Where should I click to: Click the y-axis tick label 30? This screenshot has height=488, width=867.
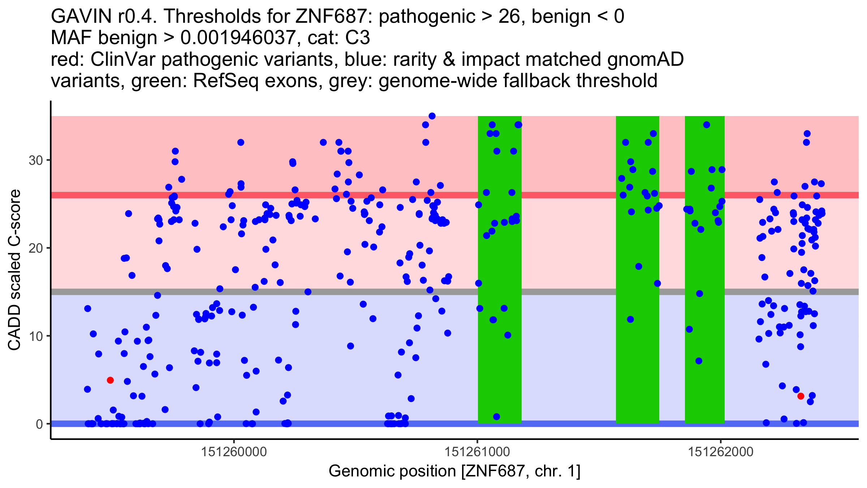[x=36, y=160]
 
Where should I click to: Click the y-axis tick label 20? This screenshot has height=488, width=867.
[x=36, y=248]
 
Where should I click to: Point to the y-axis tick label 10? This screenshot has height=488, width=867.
[x=36, y=336]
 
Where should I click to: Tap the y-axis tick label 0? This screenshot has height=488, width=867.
[x=39, y=424]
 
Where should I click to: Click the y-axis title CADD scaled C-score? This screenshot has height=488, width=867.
[x=14, y=270]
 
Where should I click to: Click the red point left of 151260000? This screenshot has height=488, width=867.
[x=111, y=380]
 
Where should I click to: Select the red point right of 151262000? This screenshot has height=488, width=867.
[x=801, y=396]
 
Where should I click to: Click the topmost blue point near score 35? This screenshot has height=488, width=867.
[x=432, y=116]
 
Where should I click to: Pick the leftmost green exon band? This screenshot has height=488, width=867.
[x=500, y=270]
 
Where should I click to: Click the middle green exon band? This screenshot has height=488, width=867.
[x=638, y=270]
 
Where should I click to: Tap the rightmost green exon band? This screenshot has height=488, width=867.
[x=705, y=270]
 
